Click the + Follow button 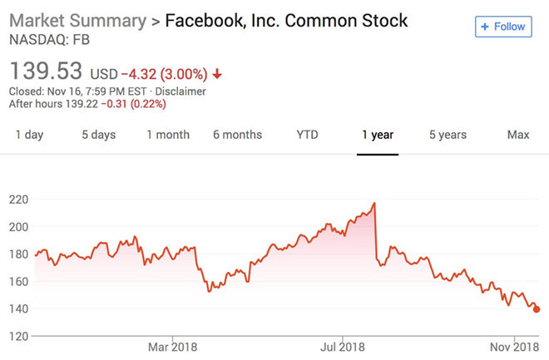coord(503,27)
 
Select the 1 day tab coord(29,135)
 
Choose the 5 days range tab coord(98,135)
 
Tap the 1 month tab coord(168,135)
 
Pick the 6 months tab coord(237,135)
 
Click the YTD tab coord(307,135)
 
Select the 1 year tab coord(377,135)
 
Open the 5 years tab coord(448,135)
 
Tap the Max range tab coord(518,135)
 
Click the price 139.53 coord(46,70)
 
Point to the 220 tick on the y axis coord(19,200)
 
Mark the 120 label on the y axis coord(19,336)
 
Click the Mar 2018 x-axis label coord(172,346)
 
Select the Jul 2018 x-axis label coord(343,346)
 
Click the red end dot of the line coord(537,309)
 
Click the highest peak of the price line coord(375,203)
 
